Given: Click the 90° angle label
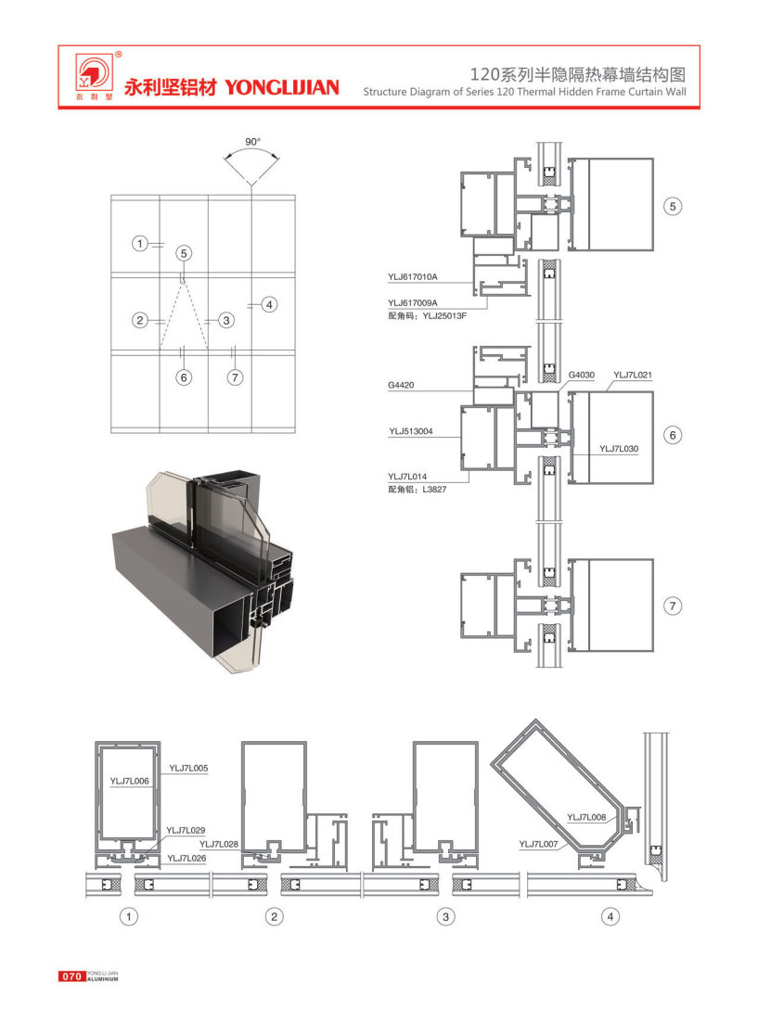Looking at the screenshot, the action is pos(252,141).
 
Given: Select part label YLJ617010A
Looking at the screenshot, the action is pos(413,276).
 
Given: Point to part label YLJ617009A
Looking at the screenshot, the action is pos(413,303).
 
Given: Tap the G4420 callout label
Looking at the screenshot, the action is pos(401,385).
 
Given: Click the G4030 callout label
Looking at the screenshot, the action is pos(582,375).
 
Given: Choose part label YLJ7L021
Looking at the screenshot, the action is pos(633,375).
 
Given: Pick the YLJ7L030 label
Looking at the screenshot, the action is pos(619,449).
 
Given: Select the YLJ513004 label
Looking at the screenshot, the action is pos(411,431).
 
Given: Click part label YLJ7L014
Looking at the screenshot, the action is pos(407,477).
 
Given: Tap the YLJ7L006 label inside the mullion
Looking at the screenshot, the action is pos(130,781).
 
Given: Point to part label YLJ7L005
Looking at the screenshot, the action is pos(189,769).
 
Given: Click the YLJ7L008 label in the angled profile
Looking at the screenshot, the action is pos(586,817).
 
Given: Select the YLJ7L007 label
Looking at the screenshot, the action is pos(538,844).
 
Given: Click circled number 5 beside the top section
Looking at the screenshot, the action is pos(673,207).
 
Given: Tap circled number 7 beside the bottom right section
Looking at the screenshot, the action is pos(673,606).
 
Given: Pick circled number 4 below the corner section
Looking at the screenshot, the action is pos(610,917).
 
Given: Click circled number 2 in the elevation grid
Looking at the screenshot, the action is pos(140,320).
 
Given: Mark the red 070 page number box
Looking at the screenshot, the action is pos(71,976).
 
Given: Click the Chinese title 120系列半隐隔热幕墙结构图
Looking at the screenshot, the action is pos(578,74).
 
